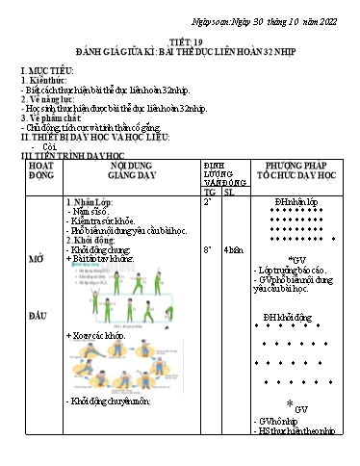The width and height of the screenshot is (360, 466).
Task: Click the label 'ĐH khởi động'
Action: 289,317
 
